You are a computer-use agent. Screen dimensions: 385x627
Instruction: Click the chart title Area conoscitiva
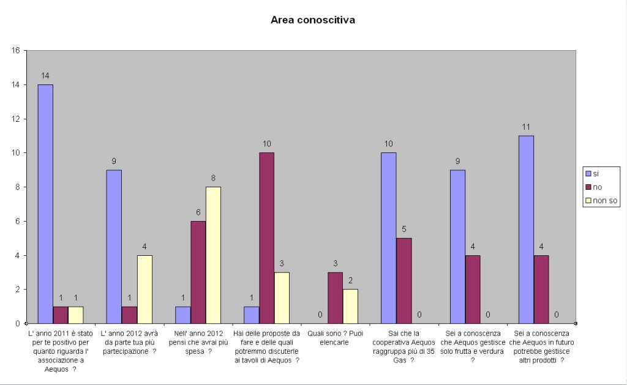[x=313, y=20]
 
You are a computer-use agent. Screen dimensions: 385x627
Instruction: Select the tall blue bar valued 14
[x=45, y=204]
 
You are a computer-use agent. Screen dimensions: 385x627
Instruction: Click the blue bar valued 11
[x=525, y=230]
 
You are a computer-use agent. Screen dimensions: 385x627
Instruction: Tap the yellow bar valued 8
[x=213, y=255]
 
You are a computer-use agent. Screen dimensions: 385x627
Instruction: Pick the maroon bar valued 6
[x=198, y=272]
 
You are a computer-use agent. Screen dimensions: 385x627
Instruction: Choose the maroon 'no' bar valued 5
[x=404, y=280]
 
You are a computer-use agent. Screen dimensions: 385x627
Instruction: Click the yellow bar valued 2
[x=350, y=306]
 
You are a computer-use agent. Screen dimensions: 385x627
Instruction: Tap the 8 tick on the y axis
[x=17, y=187]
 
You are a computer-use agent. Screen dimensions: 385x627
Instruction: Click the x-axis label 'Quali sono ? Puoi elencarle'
[x=334, y=338]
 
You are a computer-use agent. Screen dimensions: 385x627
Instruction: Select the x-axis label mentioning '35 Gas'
[x=404, y=347]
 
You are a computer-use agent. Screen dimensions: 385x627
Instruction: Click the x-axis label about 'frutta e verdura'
[x=472, y=347]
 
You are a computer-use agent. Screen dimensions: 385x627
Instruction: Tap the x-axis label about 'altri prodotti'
[x=541, y=347]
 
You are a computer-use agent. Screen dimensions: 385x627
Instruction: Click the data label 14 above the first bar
[x=45, y=76]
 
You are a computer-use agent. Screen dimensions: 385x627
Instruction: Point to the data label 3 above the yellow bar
[x=282, y=263]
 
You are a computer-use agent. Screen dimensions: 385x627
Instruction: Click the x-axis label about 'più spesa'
[x=198, y=342]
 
